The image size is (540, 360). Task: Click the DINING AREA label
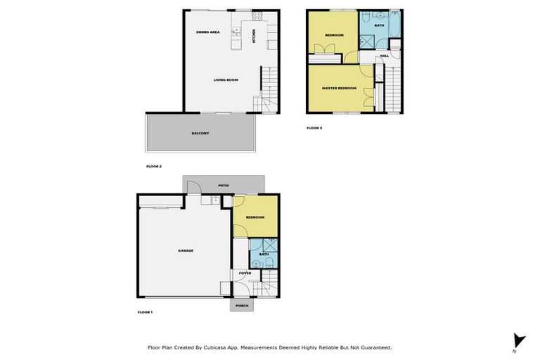[208, 32]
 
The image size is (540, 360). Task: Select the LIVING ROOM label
[226, 79]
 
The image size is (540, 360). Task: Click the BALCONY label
[200, 133]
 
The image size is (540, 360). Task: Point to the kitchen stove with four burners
[257, 16]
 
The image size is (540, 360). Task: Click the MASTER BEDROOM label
[339, 88]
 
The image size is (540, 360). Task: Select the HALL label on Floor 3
[384, 56]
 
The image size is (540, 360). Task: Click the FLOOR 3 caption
[314, 128]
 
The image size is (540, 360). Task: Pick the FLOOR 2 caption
[154, 167]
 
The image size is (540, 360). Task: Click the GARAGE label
[186, 250]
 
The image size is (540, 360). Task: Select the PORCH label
[241, 306]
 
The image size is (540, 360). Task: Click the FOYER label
[245, 272]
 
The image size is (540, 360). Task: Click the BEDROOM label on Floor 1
[255, 217]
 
